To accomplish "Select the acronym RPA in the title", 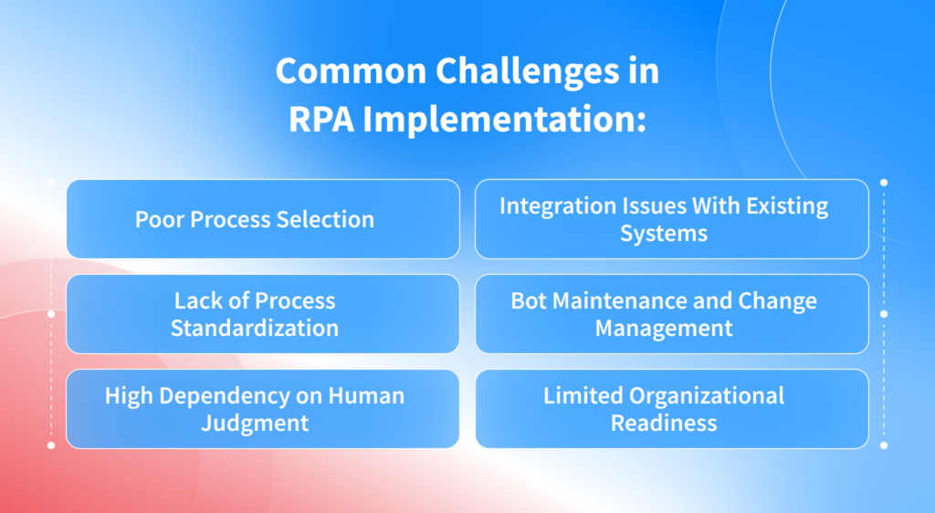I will coord(318,120).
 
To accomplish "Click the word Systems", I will coord(664,234).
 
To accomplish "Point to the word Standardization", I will coord(255,328).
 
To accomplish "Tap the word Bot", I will coord(528,300).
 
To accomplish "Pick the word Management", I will coord(664,328).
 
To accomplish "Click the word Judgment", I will coord(255,424).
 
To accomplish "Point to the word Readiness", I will coord(664,424).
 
